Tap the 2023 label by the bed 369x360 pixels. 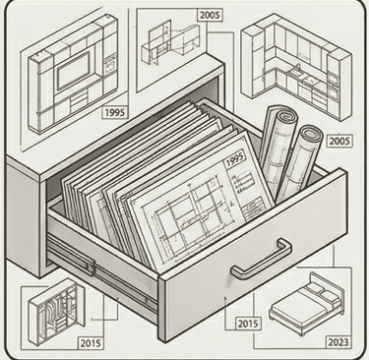338,342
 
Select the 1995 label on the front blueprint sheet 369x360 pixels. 236,160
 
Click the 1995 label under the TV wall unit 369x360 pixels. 115,112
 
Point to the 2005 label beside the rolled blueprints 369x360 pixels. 339,141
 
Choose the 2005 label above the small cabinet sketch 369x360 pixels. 211,15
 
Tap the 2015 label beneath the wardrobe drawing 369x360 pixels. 92,343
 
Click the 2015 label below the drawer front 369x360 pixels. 248,324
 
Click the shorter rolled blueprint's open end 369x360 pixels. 312,134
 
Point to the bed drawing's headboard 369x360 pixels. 328,286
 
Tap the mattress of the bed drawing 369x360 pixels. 303,303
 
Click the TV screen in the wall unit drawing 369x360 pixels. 73,70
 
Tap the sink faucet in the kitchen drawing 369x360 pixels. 298,68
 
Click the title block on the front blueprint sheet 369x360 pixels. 254,205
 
